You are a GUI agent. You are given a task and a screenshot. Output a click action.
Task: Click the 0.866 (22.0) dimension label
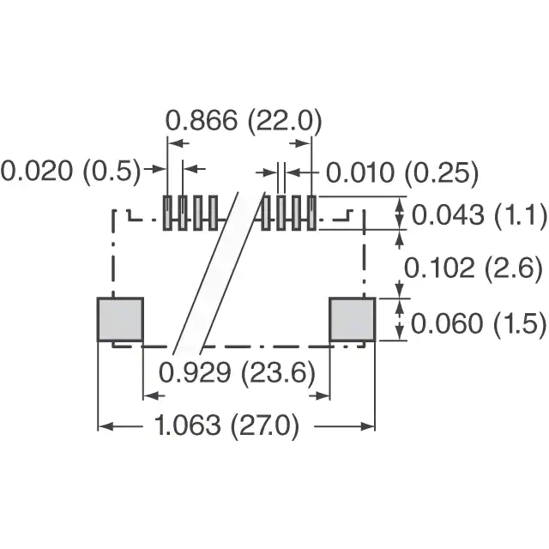(244, 121)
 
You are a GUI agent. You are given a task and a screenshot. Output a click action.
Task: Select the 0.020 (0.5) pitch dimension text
(70, 172)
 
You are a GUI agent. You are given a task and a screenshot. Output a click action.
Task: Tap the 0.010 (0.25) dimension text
(402, 173)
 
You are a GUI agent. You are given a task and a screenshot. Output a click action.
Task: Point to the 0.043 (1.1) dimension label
(479, 214)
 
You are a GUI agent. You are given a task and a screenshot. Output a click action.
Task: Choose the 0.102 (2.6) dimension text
(473, 268)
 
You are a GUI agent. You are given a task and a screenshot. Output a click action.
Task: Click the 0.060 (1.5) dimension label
(478, 323)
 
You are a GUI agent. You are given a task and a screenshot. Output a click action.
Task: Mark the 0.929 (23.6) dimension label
(237, 371)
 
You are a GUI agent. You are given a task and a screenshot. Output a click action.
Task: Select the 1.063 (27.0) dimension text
(226, 425)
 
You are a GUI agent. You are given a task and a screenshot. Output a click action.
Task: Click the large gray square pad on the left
(120, 319)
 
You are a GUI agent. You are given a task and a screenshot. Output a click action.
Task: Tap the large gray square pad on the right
(353, 319)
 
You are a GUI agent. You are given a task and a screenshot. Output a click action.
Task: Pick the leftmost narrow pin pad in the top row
(168, 213)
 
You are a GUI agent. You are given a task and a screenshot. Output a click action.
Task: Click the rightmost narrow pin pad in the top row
(311, 213)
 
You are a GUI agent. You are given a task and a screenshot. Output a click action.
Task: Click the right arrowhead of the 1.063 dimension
(367, 426)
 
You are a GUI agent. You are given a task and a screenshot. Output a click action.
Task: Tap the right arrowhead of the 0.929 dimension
(323, 396)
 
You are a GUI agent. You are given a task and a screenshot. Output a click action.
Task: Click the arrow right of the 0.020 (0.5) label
(155, 169)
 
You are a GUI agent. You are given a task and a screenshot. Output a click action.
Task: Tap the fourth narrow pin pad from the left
(213, 213)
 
